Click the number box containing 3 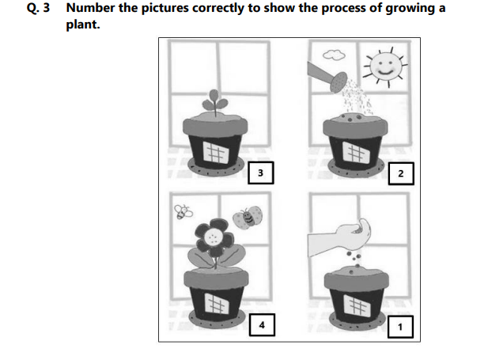pyautogui.click(x=262, y=173)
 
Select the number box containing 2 pyautogui.click(x=403, y=173)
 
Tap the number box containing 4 pyautogui.click(x=262, y=324)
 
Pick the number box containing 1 pyautogui.click(x=403, y=324)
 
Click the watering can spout pyautogui.click(x=339, y=81)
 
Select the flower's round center pyautogui.click(x=212, y=235)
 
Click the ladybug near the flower pyautogui.click(x=248, y=217)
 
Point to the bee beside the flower pyautogui.click(x=183, y=211)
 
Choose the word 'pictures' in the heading pyautogui.click(x=168, y=8)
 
